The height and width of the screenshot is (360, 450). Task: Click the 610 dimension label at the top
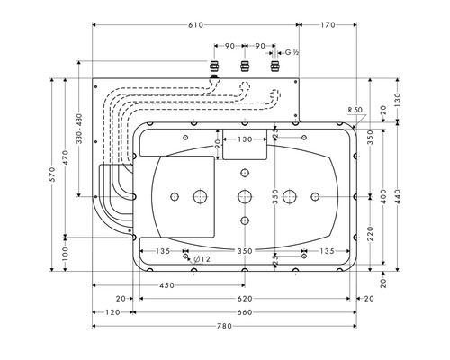click(x=196, y=25)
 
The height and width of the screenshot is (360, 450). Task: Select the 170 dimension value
click(x=328, y=25)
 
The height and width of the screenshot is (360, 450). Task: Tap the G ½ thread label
click(x=292, y=52)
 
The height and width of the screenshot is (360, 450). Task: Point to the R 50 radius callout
click(x=355, y=110)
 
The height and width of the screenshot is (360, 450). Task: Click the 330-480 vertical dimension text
click(x=79, y=129)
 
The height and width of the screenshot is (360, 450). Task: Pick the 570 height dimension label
click(x=52, y=175)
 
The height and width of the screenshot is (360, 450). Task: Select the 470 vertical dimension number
click(x=66, y=157)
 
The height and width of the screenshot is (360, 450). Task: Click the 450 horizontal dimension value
click(x=166, y=285)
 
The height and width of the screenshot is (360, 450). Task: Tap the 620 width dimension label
click(x=245, y=299)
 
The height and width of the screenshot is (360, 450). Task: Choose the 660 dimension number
click(x=245, y=312)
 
